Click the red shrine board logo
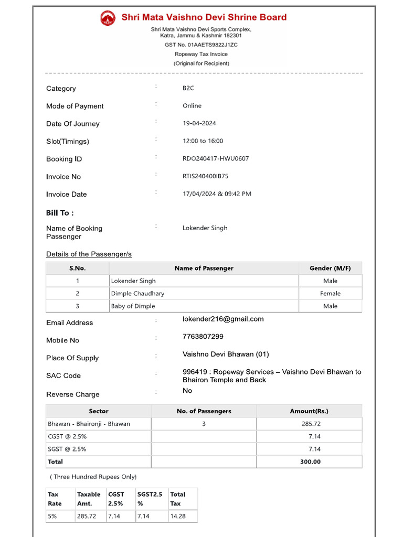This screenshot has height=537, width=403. click(108, 18)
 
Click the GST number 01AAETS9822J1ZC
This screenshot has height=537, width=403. click(201, 45)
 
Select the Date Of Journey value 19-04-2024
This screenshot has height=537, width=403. click(199, 123)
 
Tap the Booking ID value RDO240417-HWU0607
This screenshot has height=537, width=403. click(216, 158)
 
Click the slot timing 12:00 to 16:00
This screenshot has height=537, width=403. click(203, 141)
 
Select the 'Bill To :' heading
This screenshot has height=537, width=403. click(60, 213)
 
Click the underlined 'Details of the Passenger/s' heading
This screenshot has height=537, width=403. click(89, 254)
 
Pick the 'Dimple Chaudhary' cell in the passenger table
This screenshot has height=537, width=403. click(137, 294)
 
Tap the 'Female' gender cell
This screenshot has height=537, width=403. click(330, 294)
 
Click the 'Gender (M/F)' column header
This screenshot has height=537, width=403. click(330, 268)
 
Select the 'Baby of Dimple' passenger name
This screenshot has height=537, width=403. click(133, 306)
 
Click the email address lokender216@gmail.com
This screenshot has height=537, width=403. click(223, 319)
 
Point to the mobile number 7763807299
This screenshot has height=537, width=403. click(203, 337)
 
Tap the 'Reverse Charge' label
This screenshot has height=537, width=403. click(72, 394)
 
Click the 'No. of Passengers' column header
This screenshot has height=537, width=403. click(204, 411)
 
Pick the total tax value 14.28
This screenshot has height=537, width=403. click(177, 516)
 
